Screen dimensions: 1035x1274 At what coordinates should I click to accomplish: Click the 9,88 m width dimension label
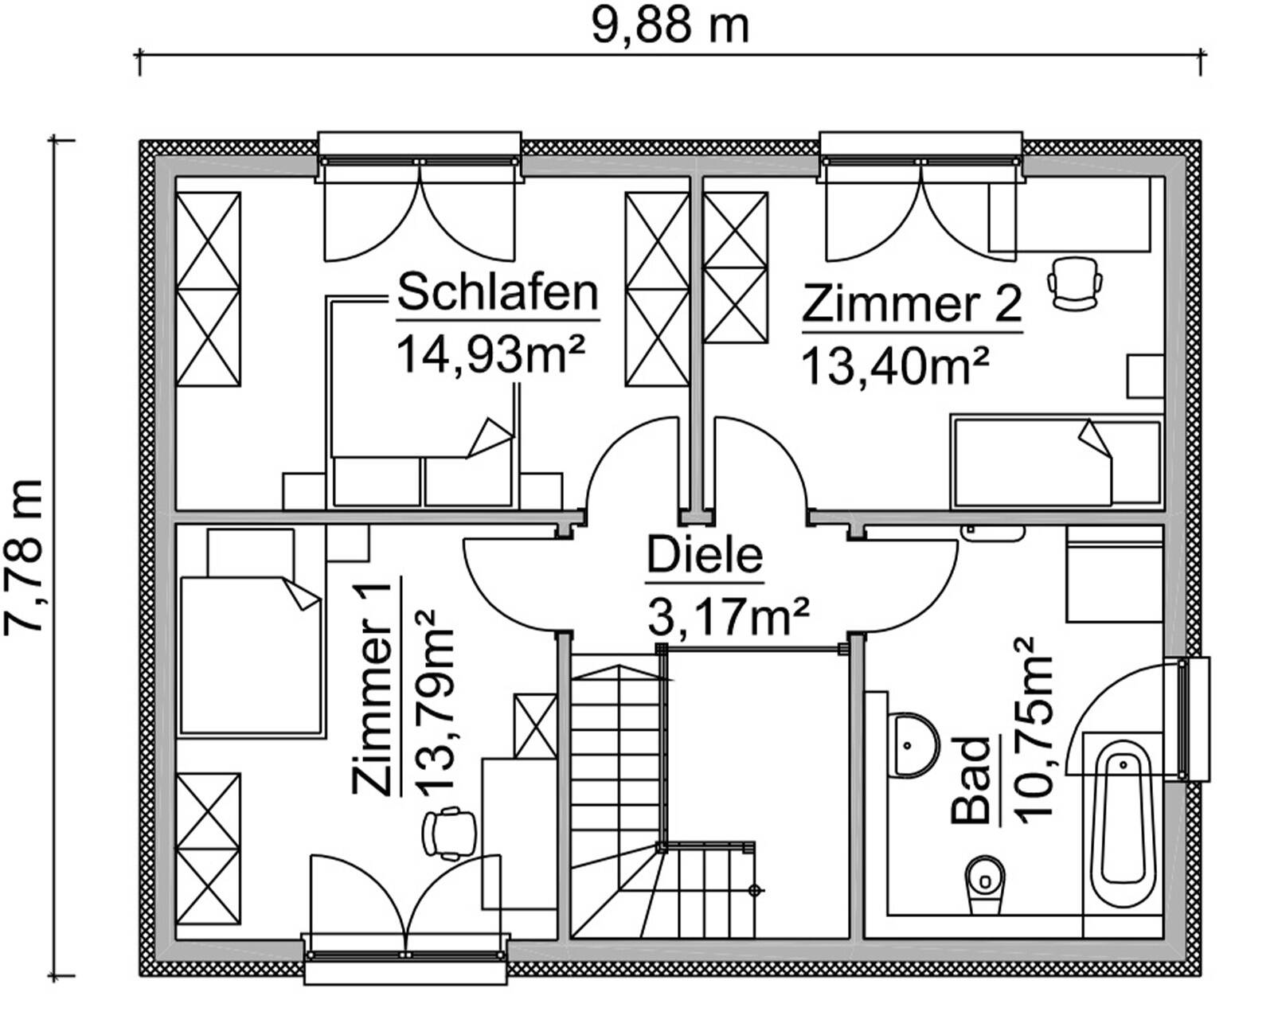point(670,26)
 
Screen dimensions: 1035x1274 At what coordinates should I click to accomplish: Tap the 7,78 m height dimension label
point(23,557)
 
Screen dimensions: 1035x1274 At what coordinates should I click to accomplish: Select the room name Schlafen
point(497,292)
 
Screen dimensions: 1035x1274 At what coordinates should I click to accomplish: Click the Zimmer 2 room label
point(911,304)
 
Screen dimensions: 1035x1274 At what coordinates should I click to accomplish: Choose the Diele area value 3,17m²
point(729,617)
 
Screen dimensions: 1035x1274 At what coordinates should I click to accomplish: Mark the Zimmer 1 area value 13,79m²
point(433,701)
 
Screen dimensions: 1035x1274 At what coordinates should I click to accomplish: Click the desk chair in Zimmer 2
point(1074,282)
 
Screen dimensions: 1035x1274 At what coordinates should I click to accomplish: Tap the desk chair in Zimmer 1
point(449,833)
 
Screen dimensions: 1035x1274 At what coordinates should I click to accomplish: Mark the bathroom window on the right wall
point(1192,720)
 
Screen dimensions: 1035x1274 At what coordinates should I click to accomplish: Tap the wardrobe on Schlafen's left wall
point(208,289)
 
